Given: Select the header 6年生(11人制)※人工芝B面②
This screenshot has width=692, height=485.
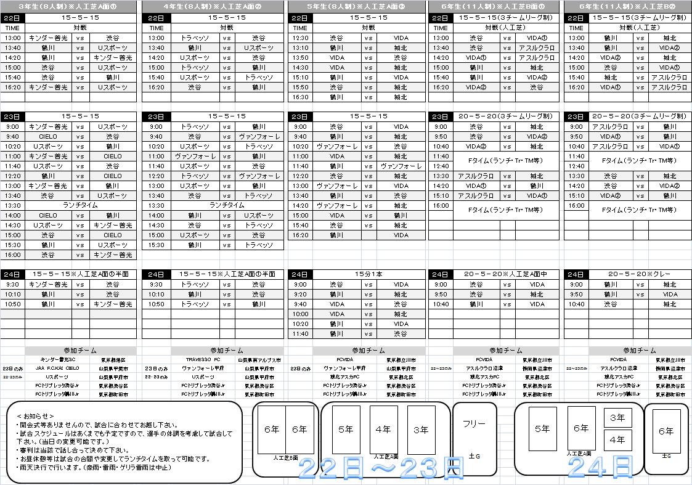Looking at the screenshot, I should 627,6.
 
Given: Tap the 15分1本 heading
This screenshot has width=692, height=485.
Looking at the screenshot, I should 368,274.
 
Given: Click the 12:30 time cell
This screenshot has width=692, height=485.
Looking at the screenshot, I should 300,38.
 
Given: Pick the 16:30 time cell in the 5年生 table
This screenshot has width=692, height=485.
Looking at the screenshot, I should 300,97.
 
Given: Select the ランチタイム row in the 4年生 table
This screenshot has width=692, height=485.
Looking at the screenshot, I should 227,206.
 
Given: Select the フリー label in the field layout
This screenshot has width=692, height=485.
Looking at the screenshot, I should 474,424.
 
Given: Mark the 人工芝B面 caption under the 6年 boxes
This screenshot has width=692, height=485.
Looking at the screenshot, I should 285,458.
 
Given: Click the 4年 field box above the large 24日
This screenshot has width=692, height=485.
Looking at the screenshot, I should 617,440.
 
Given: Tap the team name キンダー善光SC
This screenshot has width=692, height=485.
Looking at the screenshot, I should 58,359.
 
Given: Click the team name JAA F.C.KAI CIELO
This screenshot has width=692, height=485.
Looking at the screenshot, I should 57,368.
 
